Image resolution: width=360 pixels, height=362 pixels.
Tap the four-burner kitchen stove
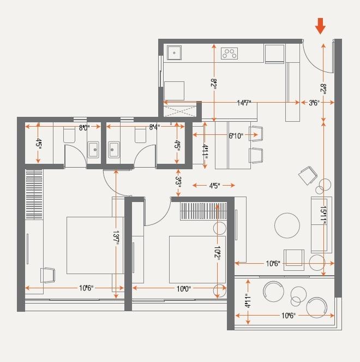point(229,54)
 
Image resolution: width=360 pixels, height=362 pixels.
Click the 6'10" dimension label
point(236,135)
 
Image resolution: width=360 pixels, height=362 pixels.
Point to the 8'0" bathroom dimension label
point(84,127)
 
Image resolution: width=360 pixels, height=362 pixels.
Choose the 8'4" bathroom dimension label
point(154,127)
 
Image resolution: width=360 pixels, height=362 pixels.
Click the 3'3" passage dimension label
point(178,181)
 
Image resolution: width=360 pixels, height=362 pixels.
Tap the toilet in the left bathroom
point(69,135)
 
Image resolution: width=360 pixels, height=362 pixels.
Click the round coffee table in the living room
point(287,225)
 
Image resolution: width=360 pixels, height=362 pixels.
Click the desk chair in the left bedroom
point(47,275)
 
